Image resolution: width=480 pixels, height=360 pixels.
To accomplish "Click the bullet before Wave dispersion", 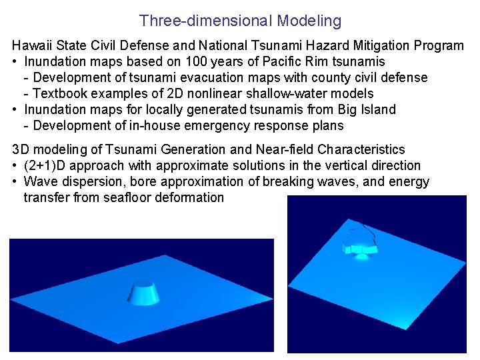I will pos(15,181).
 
